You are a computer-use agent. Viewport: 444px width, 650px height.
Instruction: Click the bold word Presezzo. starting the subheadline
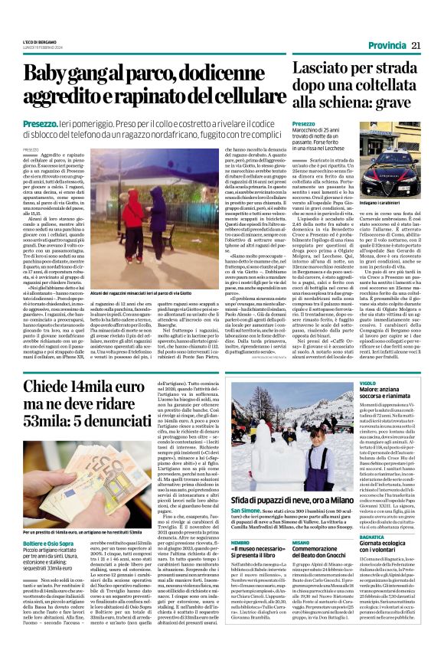[x=41, y=123]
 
